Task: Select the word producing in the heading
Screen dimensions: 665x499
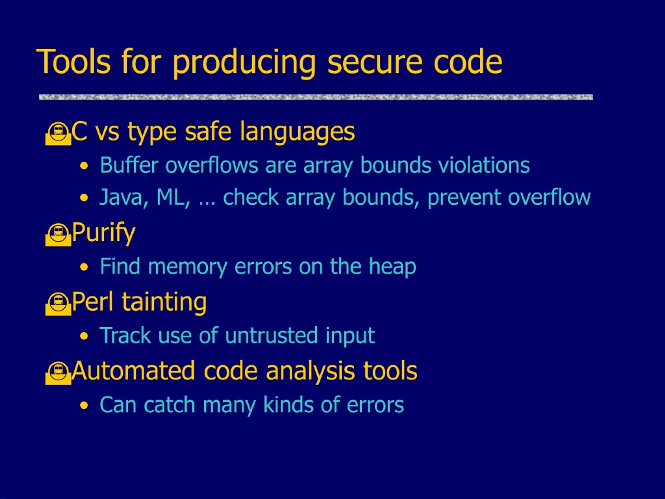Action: tap(244, 63)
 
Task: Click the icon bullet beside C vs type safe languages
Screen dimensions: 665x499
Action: tap(58, 134)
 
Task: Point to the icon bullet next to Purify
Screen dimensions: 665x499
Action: tap(58, 235)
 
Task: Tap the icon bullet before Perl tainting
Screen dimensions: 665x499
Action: tap(58, 304)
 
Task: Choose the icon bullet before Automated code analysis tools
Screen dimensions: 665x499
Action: tap(58, 373)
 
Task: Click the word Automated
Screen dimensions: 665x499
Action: tap(134, 371)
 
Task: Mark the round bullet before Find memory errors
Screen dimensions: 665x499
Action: tap(84, 267)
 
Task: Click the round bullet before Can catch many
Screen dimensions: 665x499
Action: tap(84, 405)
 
